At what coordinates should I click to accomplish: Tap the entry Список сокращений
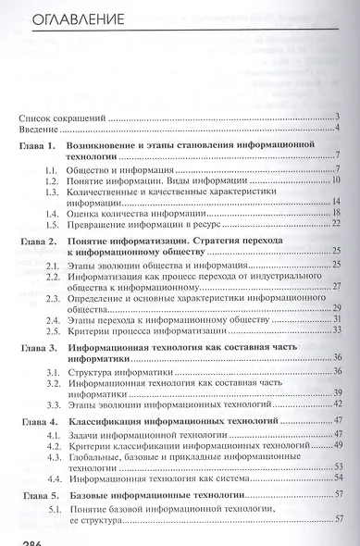[63, 117]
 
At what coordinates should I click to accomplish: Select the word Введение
[40, 128]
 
